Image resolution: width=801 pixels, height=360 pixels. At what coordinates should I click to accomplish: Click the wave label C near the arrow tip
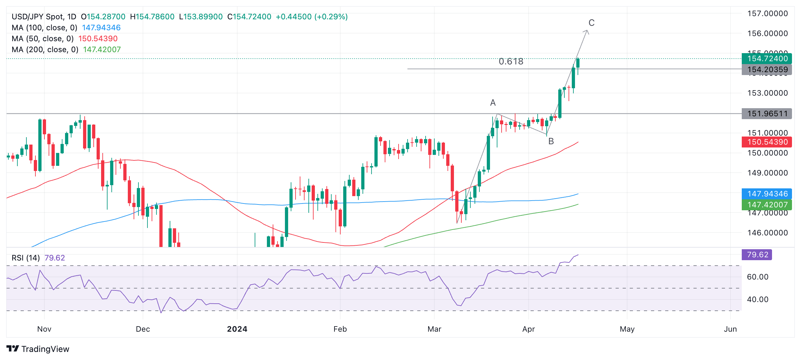coord(591,23)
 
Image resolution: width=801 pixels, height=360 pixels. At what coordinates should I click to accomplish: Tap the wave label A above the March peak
coord(493,103)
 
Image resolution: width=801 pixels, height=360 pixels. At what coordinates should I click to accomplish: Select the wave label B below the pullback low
coord(551,141)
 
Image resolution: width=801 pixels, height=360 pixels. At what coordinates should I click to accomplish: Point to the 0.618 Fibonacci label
coord(511,62)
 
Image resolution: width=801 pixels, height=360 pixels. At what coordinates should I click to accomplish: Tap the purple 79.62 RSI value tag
coord(757,255)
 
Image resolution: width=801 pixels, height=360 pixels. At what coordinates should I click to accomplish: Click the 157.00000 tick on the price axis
coord(767,14)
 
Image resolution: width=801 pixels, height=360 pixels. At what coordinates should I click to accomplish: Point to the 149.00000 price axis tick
coord(767,173)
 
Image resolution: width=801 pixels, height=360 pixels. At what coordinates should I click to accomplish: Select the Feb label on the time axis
coord(340,329)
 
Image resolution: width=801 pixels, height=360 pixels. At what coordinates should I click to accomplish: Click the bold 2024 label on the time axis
coord(237,329)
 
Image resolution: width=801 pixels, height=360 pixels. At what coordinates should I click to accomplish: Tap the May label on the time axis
coord(627,329)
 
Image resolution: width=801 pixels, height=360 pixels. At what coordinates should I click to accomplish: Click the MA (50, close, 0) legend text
coord(43,39)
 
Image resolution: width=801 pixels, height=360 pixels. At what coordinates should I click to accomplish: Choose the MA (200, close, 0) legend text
coord(45,50)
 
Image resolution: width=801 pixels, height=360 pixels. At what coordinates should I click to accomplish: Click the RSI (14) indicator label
coord(26,258)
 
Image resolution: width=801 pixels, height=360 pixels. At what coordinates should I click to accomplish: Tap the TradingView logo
coord(38,349)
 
